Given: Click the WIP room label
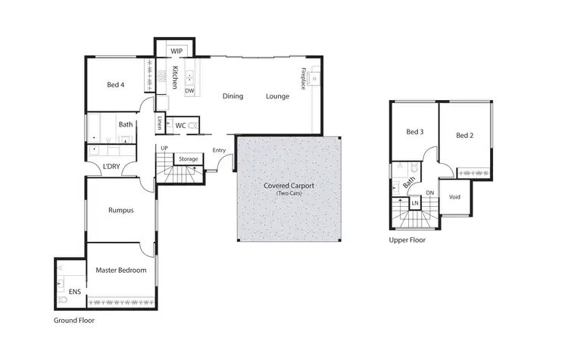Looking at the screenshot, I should pos(176,51).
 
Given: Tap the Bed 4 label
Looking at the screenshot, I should pos(116,86).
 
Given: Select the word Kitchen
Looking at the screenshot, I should pos(174,78).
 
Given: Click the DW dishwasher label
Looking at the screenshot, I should pos(189,91).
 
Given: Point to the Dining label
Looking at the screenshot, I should pos(233,96).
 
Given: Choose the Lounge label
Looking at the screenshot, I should pos(278,96).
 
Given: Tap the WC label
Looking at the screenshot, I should pos(181,125).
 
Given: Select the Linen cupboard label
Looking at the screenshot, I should pos(160,124).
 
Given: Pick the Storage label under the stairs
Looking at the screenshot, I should pos(188,159).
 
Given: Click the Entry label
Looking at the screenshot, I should pos(219,150).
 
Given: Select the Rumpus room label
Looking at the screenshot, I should pos(120,210).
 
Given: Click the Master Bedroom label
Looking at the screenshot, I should pos(120,270).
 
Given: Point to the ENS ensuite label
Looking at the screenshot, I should pos(75,290).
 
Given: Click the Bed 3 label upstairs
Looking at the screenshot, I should pos(414,132).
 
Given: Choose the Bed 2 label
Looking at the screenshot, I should pos(465,136).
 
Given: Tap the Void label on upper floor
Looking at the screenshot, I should pos(454,197).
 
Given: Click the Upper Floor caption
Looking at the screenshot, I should pos(407,240).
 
